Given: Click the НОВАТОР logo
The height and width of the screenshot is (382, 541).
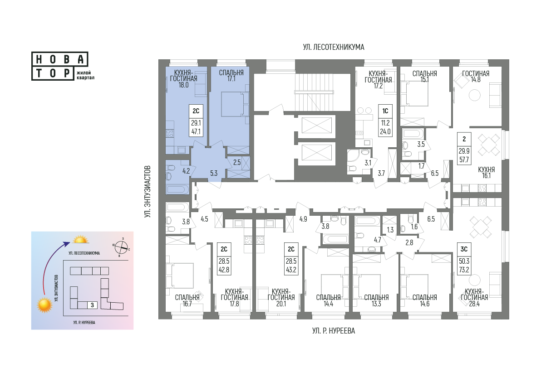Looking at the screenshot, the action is point(60,66).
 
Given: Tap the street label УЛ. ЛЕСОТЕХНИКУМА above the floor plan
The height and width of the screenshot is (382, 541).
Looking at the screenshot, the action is point(334,47).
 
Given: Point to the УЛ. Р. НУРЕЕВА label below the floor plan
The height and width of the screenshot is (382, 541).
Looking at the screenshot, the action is point(334,331).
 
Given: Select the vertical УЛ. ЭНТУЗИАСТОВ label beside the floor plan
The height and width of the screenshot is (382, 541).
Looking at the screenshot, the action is point(148,192).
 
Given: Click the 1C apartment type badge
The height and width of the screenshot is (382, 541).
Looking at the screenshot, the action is point(385,111).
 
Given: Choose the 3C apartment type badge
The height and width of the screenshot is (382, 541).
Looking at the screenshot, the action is point(464,249).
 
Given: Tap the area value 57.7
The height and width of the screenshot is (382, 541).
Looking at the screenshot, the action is point(464,160).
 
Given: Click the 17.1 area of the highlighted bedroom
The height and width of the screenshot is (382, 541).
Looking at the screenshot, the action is point(231,79).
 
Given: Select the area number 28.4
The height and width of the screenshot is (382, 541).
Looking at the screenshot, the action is point(474,304).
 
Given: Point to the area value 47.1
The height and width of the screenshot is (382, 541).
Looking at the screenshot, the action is point(196,131).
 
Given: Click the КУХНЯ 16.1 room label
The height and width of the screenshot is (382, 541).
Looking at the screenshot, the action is point(487,173).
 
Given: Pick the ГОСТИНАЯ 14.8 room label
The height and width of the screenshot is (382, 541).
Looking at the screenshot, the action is point(476,77).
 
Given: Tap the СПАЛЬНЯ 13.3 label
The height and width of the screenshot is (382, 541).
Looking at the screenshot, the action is point(376,300).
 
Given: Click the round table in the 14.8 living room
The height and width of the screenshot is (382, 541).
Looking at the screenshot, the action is point(475,95).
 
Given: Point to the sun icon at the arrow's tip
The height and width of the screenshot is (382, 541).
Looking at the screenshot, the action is point(80,240).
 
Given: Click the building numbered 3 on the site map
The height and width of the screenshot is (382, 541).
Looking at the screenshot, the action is point(92,305).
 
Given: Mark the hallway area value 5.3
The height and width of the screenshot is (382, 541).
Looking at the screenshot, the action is point(214,173).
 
